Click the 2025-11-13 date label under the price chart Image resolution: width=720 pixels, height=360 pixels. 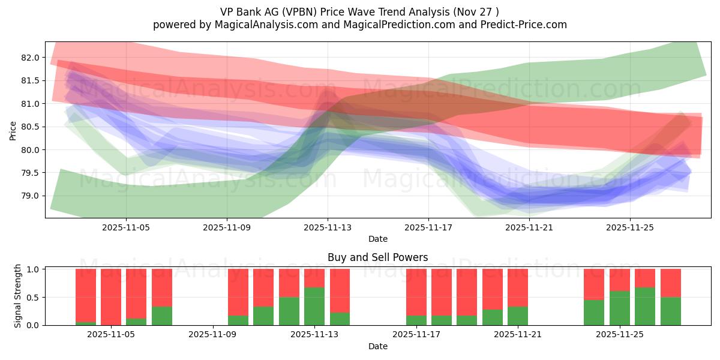(328, 227)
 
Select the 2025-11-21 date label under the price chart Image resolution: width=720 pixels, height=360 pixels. (529, 227)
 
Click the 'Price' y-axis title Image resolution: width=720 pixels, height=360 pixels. (13, 130)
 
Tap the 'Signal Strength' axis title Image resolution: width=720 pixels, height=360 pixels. (18, 296)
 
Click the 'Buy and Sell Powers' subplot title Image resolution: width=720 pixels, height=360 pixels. (377, 257)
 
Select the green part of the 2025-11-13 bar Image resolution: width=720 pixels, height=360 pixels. (314, 307)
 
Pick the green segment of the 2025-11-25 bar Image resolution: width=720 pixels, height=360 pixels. (620, 308)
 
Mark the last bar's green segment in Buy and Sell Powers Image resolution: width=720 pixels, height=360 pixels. (670, 311)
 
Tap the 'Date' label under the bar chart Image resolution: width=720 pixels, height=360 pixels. (377, 346)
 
